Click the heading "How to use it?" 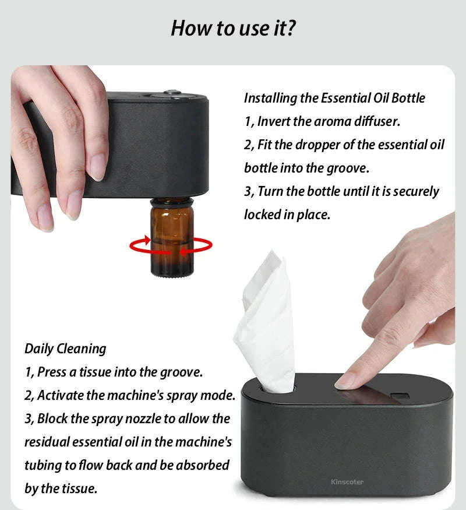tap(233, 28)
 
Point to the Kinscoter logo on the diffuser tap(347, 481)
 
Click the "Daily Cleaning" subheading tap(65, 349)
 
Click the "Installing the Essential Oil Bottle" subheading tap(334, 98)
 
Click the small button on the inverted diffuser tap(171, 92)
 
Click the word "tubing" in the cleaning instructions tap(43, 465)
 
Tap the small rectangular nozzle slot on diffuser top tap(398, 398)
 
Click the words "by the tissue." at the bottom tap(61, 488)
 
